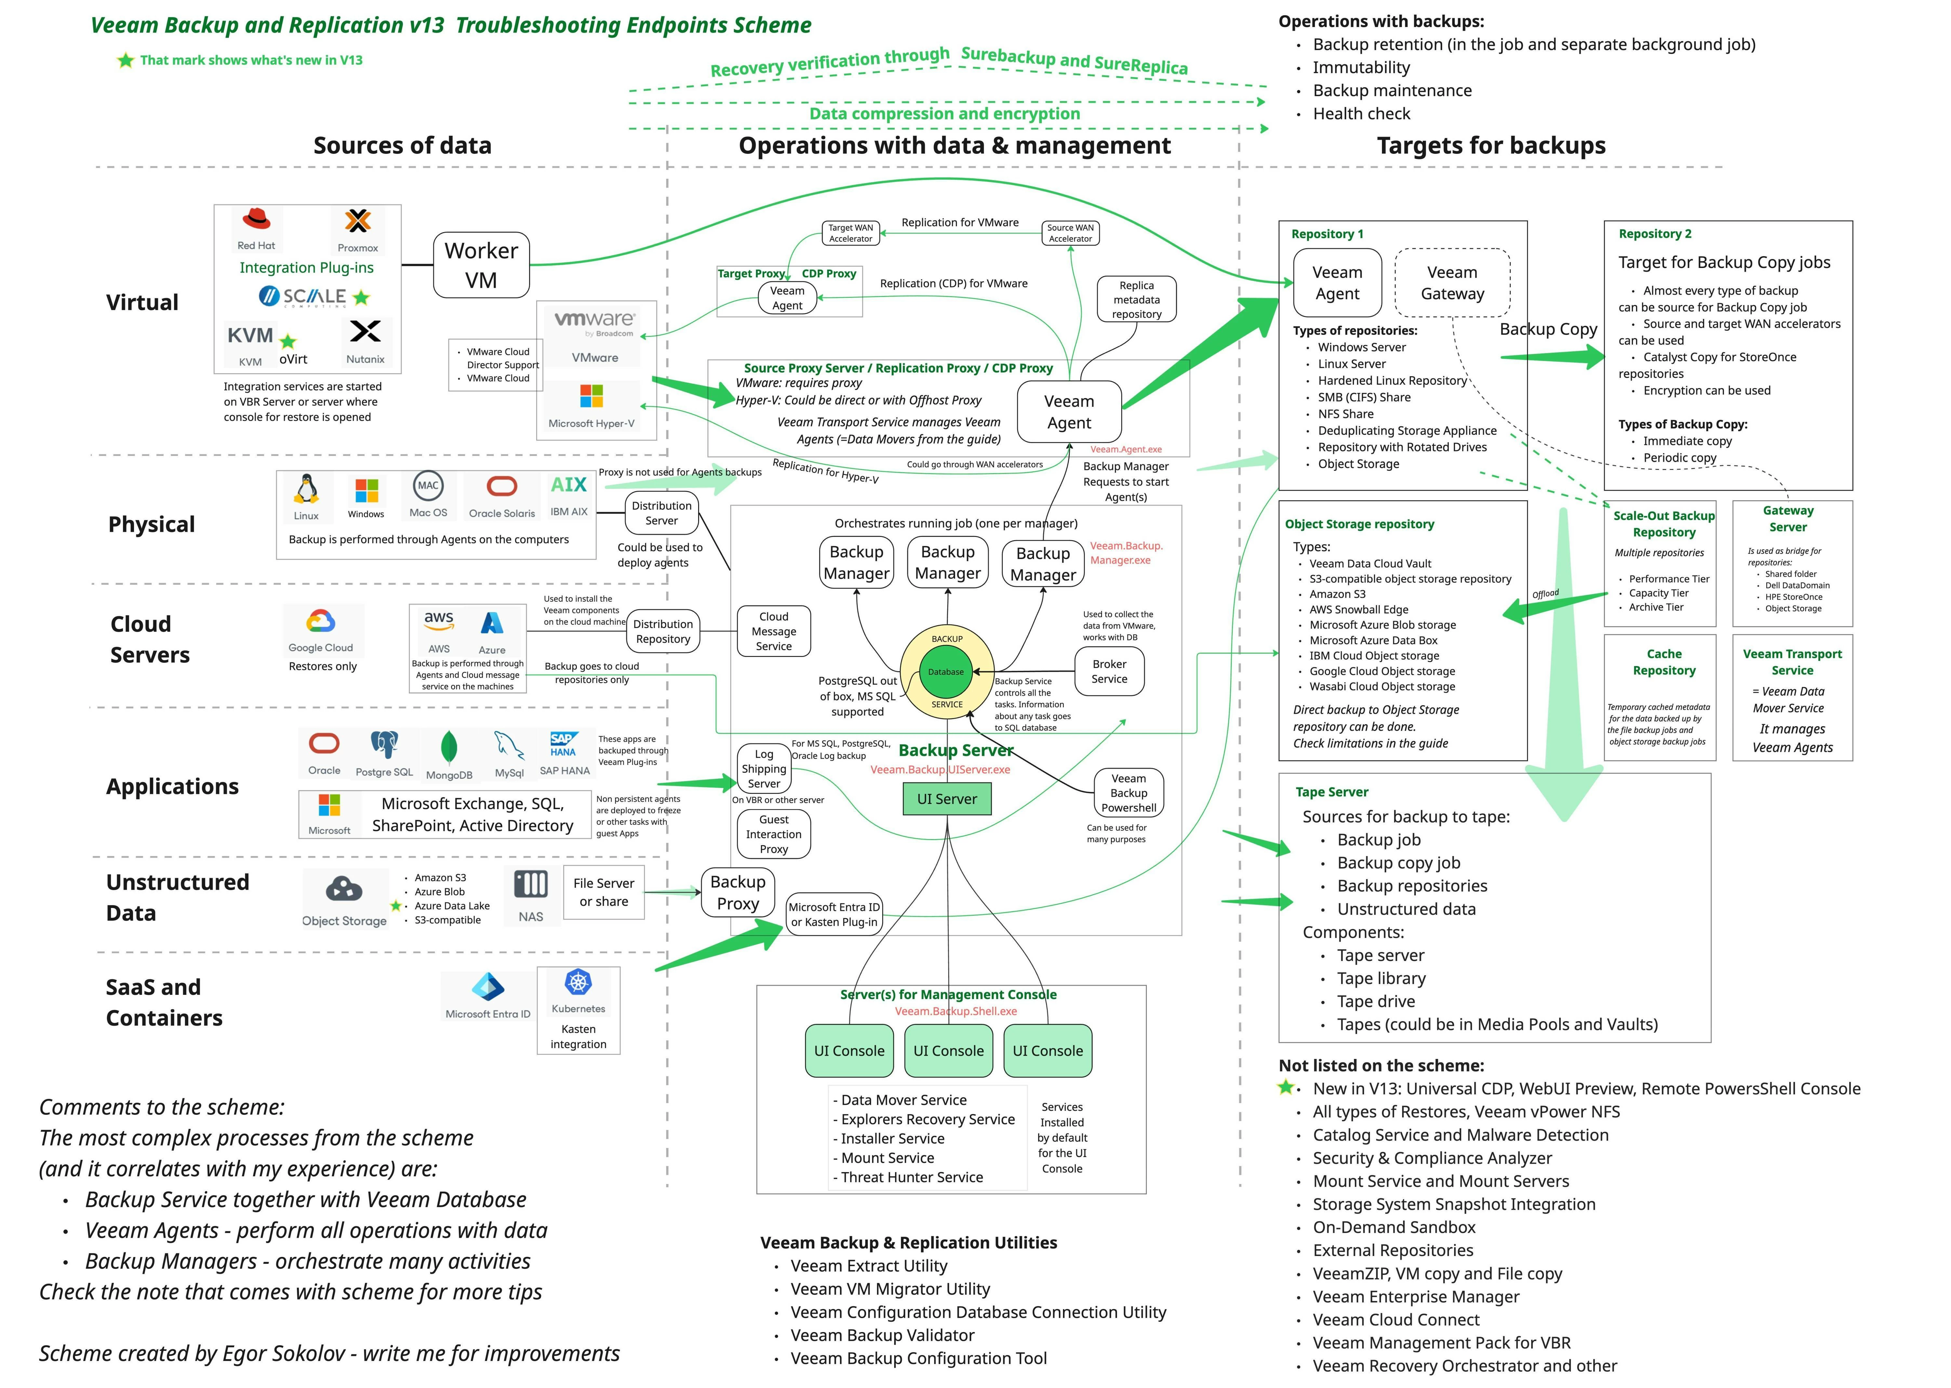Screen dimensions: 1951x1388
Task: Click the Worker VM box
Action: (481, 265)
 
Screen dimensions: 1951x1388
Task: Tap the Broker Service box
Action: (1109, 672)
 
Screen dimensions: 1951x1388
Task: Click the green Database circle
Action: (946, 672)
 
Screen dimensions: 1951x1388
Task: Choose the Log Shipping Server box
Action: (764, 768)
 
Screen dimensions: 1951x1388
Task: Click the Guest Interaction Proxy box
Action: (774, 834)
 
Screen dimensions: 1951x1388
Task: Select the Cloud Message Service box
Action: (774, 632)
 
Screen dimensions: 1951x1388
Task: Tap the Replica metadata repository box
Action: (1136, 299)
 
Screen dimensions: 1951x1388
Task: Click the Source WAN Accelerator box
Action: (1071, 233)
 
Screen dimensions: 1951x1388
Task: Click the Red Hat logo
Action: (256, 220)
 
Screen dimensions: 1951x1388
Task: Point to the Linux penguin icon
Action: (306, 490)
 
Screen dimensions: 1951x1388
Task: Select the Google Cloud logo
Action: (321, 621)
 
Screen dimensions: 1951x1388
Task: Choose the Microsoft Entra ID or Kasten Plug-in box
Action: (834, 914)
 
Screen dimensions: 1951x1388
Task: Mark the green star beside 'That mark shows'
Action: (126, 60)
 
